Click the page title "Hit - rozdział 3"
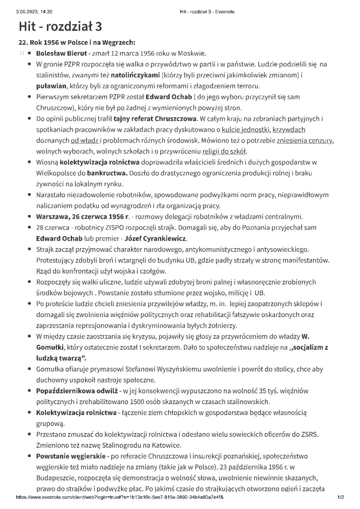[60, 26]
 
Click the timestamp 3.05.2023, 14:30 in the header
[34, 12]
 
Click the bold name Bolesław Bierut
[61, 53]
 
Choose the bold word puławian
[51, 86]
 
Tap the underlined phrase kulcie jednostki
[246, 130]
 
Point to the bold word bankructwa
[107, 173]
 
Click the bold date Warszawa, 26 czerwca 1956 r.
[83, 217]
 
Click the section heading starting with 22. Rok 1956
[77, 43]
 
